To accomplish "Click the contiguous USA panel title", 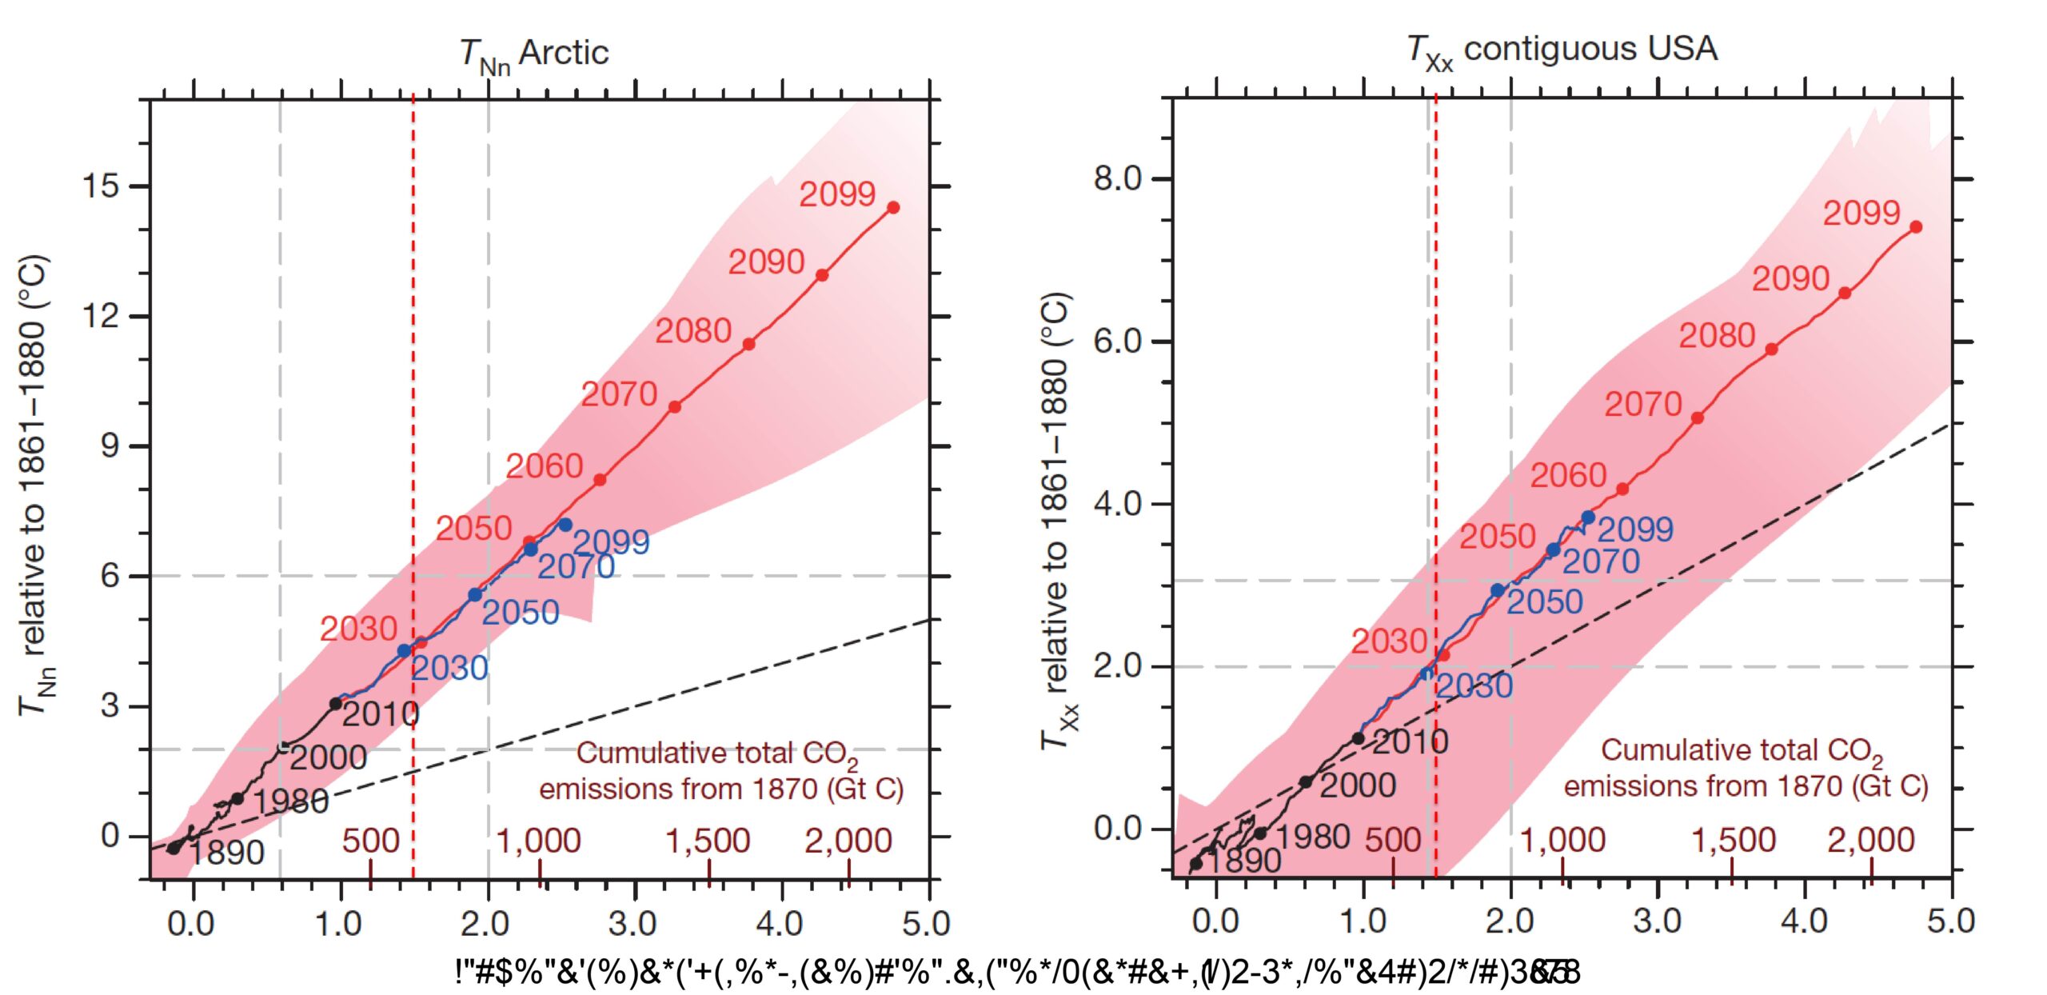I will click(1562, 50).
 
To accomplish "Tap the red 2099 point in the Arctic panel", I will click(893, 207).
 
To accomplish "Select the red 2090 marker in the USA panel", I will click(1845, 294).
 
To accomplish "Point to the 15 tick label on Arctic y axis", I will click(100, 186).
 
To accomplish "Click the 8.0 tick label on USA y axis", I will click(1118, 178).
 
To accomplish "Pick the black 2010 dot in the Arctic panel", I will click(336, 704).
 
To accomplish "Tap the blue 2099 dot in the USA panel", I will click(1588, 517).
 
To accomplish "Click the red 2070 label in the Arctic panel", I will click(619, 394).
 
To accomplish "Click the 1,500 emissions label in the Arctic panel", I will click(708, 841).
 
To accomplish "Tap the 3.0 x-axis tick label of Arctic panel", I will click(632, 924).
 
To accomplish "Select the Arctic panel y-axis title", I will click(36, 484).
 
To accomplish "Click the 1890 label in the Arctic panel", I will click(227, 853).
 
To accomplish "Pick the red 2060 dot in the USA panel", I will click(1622, 489).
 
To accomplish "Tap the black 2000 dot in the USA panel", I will click(1305, 781).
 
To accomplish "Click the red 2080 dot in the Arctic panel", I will click(748, 344).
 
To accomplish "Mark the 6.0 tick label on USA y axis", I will click(1118, 342).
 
